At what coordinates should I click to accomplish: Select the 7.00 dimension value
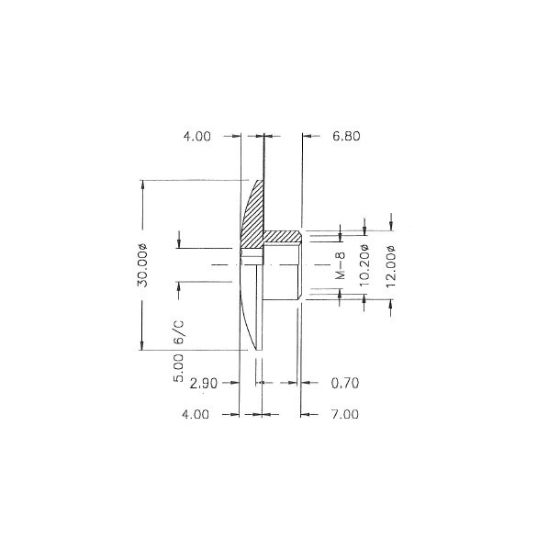click(x=343, y=414)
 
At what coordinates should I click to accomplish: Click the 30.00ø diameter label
click(x=143, y=265)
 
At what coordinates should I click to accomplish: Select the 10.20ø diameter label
click(x=364, y=268)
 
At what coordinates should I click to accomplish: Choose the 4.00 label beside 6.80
click(x=197, y=136)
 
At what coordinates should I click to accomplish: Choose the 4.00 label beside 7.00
click(x=197, y=414)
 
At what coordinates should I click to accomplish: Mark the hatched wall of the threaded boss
click(x=282, y=238)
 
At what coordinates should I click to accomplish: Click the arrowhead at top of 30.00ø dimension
click(x=143, y=183)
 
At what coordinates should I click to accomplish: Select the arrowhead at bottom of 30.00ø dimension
click(x=143, y=346)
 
